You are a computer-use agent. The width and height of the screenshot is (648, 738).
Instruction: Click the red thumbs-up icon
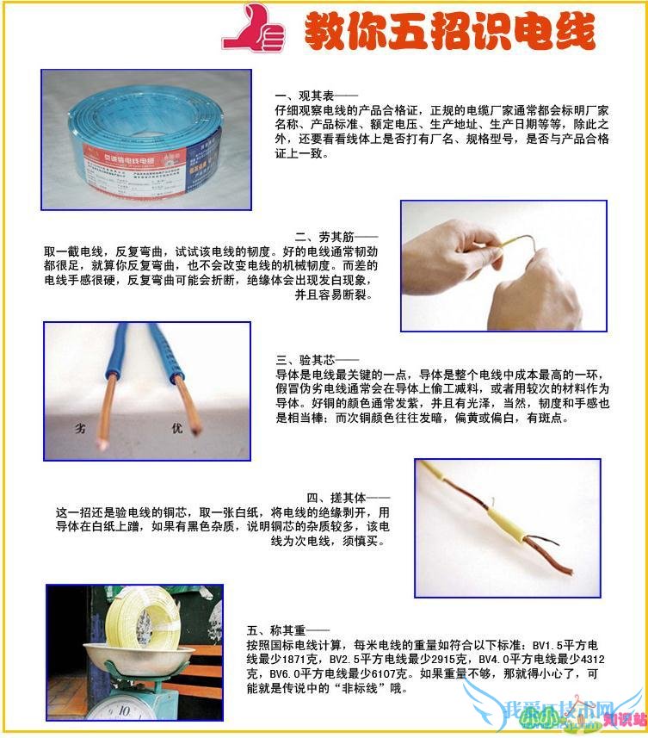(x=253, y=28)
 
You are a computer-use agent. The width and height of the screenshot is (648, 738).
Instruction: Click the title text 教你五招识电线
(x=448, y=32)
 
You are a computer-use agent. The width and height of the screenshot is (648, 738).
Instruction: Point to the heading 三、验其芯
(x=305, y=359)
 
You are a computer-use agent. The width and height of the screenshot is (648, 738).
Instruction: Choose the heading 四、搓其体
(x=348, y=498)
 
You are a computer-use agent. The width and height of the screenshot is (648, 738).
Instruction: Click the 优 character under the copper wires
(x=178, y=427)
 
